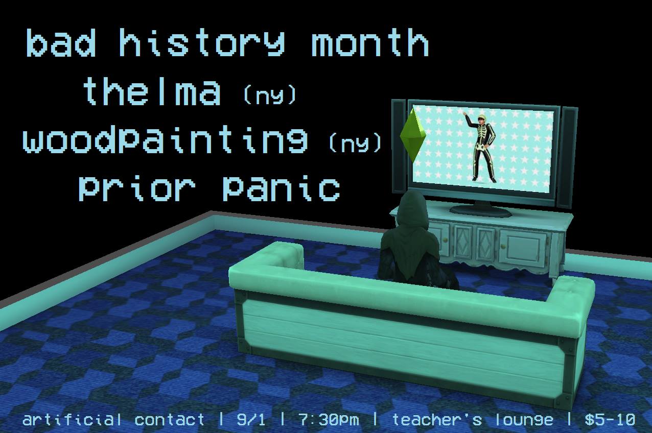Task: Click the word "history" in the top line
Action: (201, 42)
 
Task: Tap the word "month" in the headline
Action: (370, 42)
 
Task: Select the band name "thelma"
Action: (152, 91)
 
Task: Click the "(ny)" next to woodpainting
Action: (355, 142)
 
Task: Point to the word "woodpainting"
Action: (165, 140)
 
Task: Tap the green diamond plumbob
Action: (413, 135)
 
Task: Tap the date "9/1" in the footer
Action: (251, 420)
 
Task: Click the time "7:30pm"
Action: (329, 420)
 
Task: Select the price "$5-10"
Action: (610, 420)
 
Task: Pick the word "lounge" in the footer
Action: (524, 420)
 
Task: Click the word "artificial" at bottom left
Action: (72, 420)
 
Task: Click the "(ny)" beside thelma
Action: (269, 94)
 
